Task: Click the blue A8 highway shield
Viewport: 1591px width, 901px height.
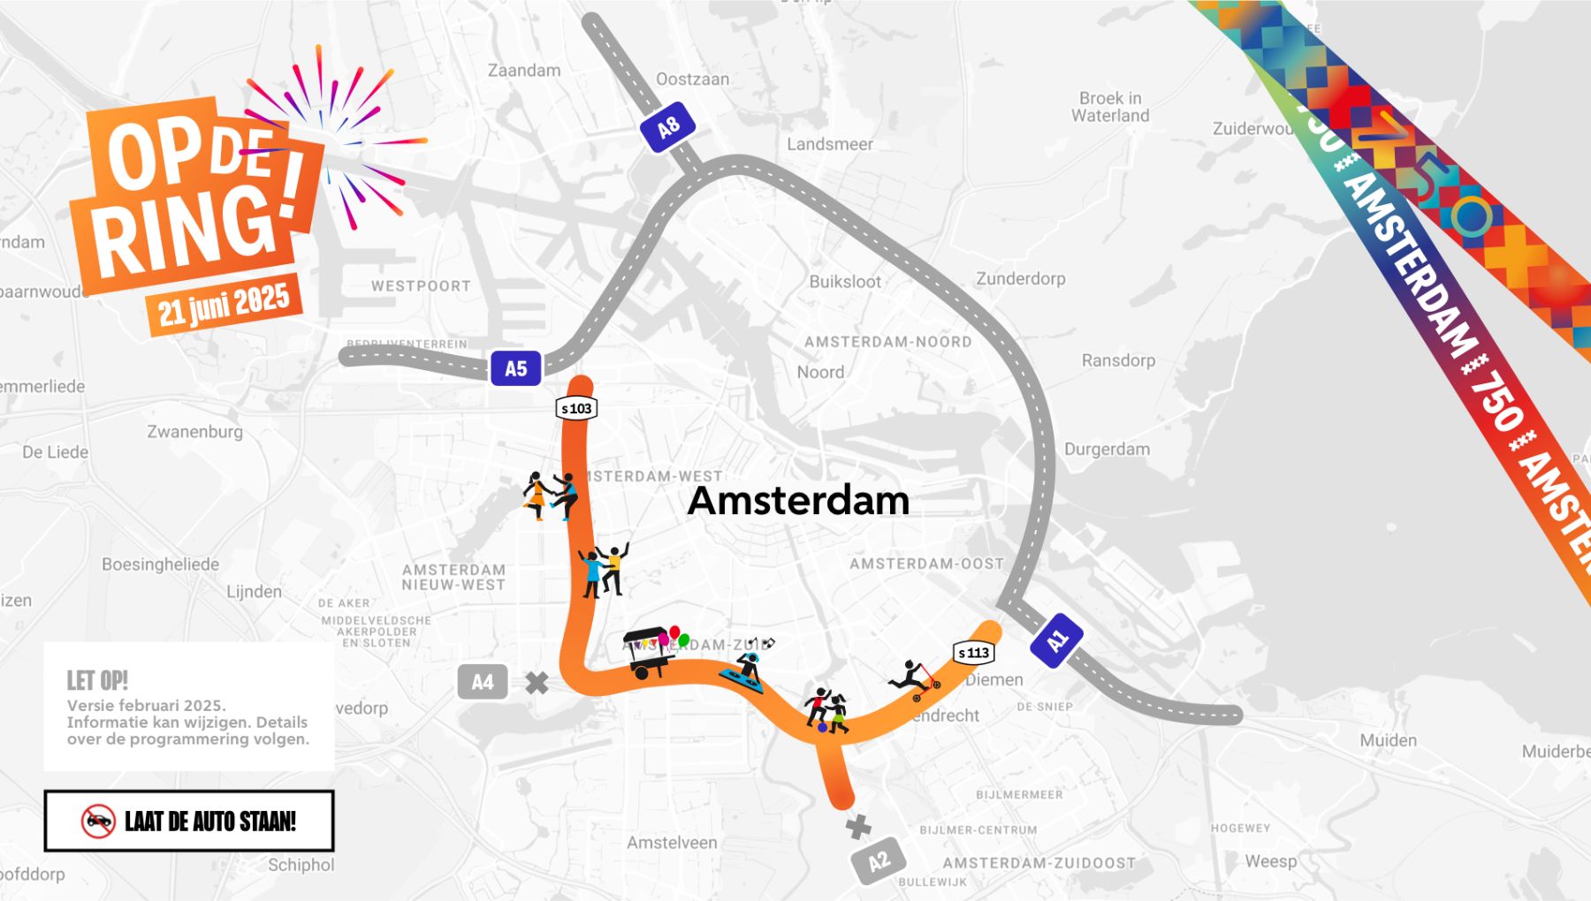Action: pyautogui.click(x=668, y=127)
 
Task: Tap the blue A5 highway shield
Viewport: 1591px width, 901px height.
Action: pyautogui.click(x=515, y=368)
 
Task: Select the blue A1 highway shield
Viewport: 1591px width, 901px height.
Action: pyautogui.click(x=1056, y=640)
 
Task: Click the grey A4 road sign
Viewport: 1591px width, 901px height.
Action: pyautogui.click(x=482, y=682)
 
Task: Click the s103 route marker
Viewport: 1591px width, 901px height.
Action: pyautogui.click(x=576, y=408)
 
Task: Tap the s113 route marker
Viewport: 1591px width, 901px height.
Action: pyautogui.click(x=974, y=653)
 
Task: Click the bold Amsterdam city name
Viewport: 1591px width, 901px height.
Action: pyautogui.click(x=798, y=500)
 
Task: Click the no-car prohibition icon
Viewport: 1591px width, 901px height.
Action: pyautogui.click(x=98, y=821)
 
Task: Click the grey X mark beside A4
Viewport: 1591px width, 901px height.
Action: pyautogui.click(x=537, y=683)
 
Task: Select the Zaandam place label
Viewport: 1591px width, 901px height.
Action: pyautogui.click(x=524, y=71)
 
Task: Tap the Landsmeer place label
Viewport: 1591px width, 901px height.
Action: pyautogui.click(x=829, y=144)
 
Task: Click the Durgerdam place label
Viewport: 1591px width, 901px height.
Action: pyautogui.click(x=1107, y=449)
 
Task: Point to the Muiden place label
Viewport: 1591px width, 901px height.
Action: pyautogui.click(x=1388, y=740)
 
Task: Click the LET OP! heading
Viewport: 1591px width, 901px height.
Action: pyautogui.click(x=97, y=680)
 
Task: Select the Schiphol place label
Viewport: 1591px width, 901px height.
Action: pyautogui.click(x=301, y=865)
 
